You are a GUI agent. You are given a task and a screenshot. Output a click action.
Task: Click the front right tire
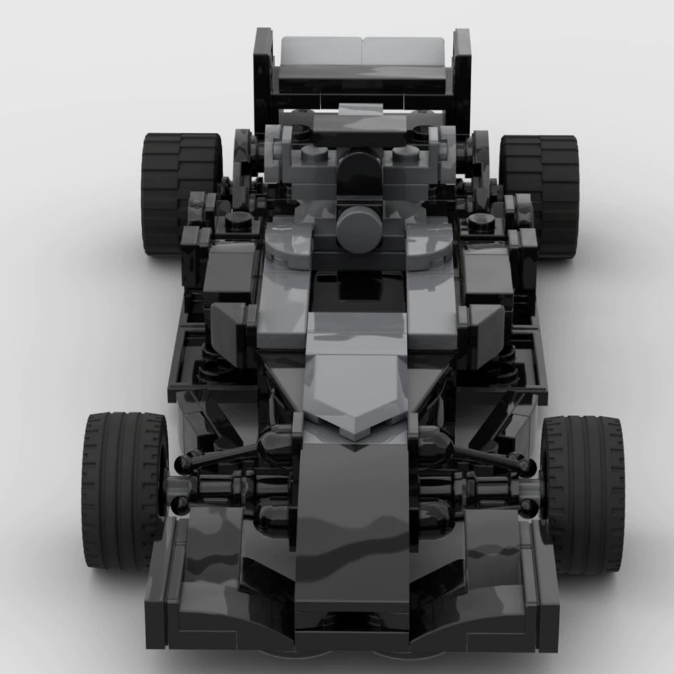(583, 494)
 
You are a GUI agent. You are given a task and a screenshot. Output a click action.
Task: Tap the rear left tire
(179, 194)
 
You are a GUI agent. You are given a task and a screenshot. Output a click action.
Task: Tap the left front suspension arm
(224, 454)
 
